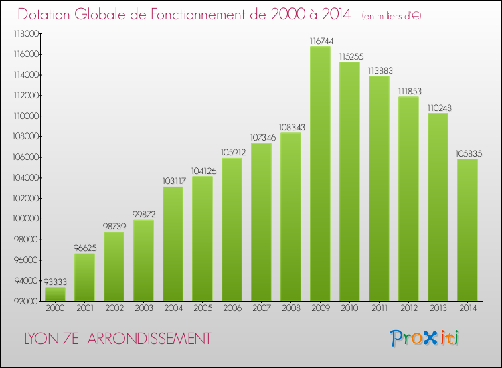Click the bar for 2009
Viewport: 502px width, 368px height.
[x=320, y=174]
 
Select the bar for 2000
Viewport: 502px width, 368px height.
[x=55, y=294]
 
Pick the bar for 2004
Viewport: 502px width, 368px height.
[x=173, y=244]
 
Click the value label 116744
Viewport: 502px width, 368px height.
[x=320, y=41]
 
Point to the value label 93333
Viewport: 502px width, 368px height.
[x=55, y=282]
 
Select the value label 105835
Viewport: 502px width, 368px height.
[x=467, y=153]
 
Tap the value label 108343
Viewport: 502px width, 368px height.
[x=290, y=127]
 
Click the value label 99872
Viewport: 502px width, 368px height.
[x=143, y=215]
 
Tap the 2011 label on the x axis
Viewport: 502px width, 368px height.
[x=379, y=308]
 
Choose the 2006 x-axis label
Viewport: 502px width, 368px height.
[x=232, y=308]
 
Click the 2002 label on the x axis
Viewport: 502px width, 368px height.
[x=114, y=308]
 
